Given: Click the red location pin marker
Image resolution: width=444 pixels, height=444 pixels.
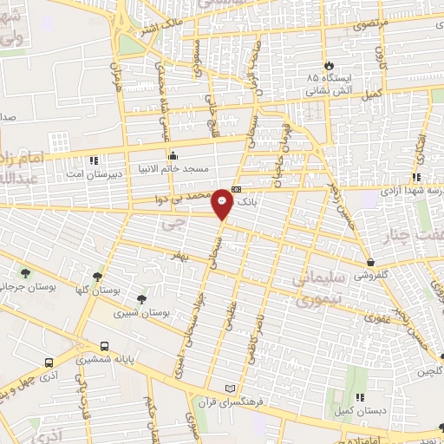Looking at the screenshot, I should pyautogui.click(x=224, y=204).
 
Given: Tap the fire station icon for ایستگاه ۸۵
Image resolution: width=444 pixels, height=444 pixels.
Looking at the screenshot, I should pyautogui.click(x=329, y=65).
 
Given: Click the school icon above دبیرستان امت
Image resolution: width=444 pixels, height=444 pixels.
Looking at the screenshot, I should pyautogui.click(x=95, y=160).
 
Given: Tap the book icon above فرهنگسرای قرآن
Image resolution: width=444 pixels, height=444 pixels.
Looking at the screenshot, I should pyautogui.click(x=229, y=388).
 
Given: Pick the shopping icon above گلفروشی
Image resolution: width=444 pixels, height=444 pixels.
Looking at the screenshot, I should pyautogui.click(x=369, y=262).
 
